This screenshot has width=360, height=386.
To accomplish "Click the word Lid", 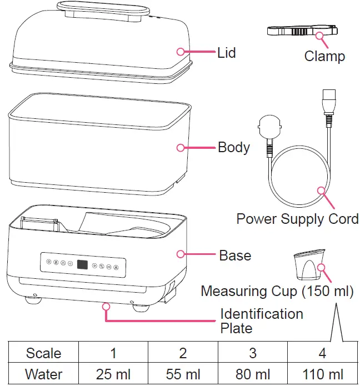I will click(227, 53).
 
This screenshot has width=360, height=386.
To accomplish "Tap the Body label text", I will click(233, 148).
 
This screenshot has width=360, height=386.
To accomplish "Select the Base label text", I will click(235, 255).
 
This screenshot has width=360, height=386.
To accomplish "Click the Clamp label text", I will click(324, 56).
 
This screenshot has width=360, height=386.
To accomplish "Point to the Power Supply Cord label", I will click(297, 218).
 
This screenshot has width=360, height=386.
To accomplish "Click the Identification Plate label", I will click(261, 321).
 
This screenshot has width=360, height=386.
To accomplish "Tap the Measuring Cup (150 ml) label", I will click(277, 291).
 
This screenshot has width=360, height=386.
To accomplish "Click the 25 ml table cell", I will click(113, 374).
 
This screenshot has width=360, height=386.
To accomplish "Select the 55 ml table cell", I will click(183, 374).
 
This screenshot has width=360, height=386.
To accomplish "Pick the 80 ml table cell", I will click(252, 374).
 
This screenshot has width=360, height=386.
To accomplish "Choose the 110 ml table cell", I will click(323, 374).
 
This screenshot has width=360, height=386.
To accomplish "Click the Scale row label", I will click(44, 353).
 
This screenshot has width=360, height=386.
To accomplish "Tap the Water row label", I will click(44, 374).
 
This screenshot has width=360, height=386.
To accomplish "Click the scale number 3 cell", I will click(252, 353).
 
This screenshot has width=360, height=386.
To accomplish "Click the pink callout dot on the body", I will click(180, 148).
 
